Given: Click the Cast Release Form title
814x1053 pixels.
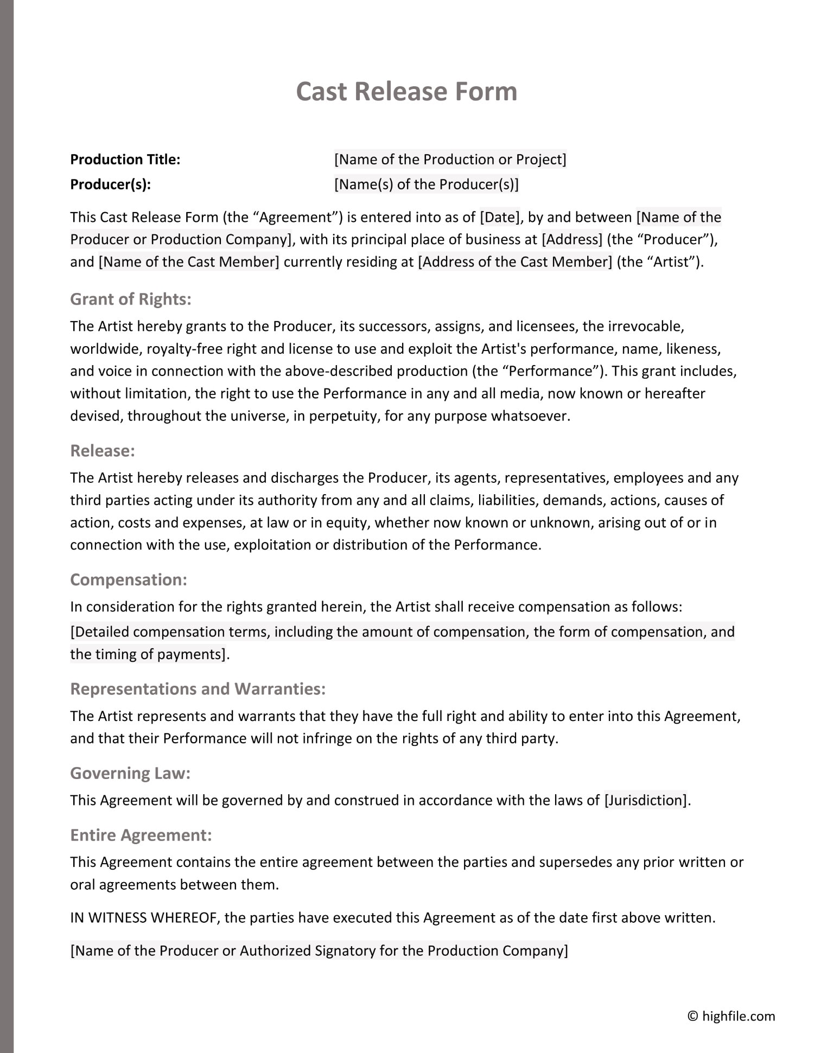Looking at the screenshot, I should [406, 91].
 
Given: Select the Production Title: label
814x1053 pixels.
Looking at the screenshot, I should [125, 159].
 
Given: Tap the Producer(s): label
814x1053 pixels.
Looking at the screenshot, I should [110, 184].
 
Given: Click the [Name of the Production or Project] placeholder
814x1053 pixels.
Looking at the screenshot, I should [450, 159].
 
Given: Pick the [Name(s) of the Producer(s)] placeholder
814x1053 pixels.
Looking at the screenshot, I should [426, 184].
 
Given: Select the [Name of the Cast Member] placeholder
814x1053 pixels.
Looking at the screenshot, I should [189, 262].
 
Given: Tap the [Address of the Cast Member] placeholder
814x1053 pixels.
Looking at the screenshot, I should [515, 262].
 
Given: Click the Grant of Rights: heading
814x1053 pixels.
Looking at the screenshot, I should [131, 299].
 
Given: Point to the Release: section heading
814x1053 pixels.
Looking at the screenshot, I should [103, 451].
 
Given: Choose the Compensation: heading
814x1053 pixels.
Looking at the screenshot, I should [129, 579].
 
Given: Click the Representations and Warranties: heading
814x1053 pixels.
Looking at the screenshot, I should [198, 689].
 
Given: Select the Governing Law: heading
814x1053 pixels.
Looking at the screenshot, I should [130, 773].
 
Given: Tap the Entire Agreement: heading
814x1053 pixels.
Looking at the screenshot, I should [141, 835].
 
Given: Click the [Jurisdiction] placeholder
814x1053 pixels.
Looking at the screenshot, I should [646, 800].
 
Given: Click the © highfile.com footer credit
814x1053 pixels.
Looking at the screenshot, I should [731, 1016].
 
